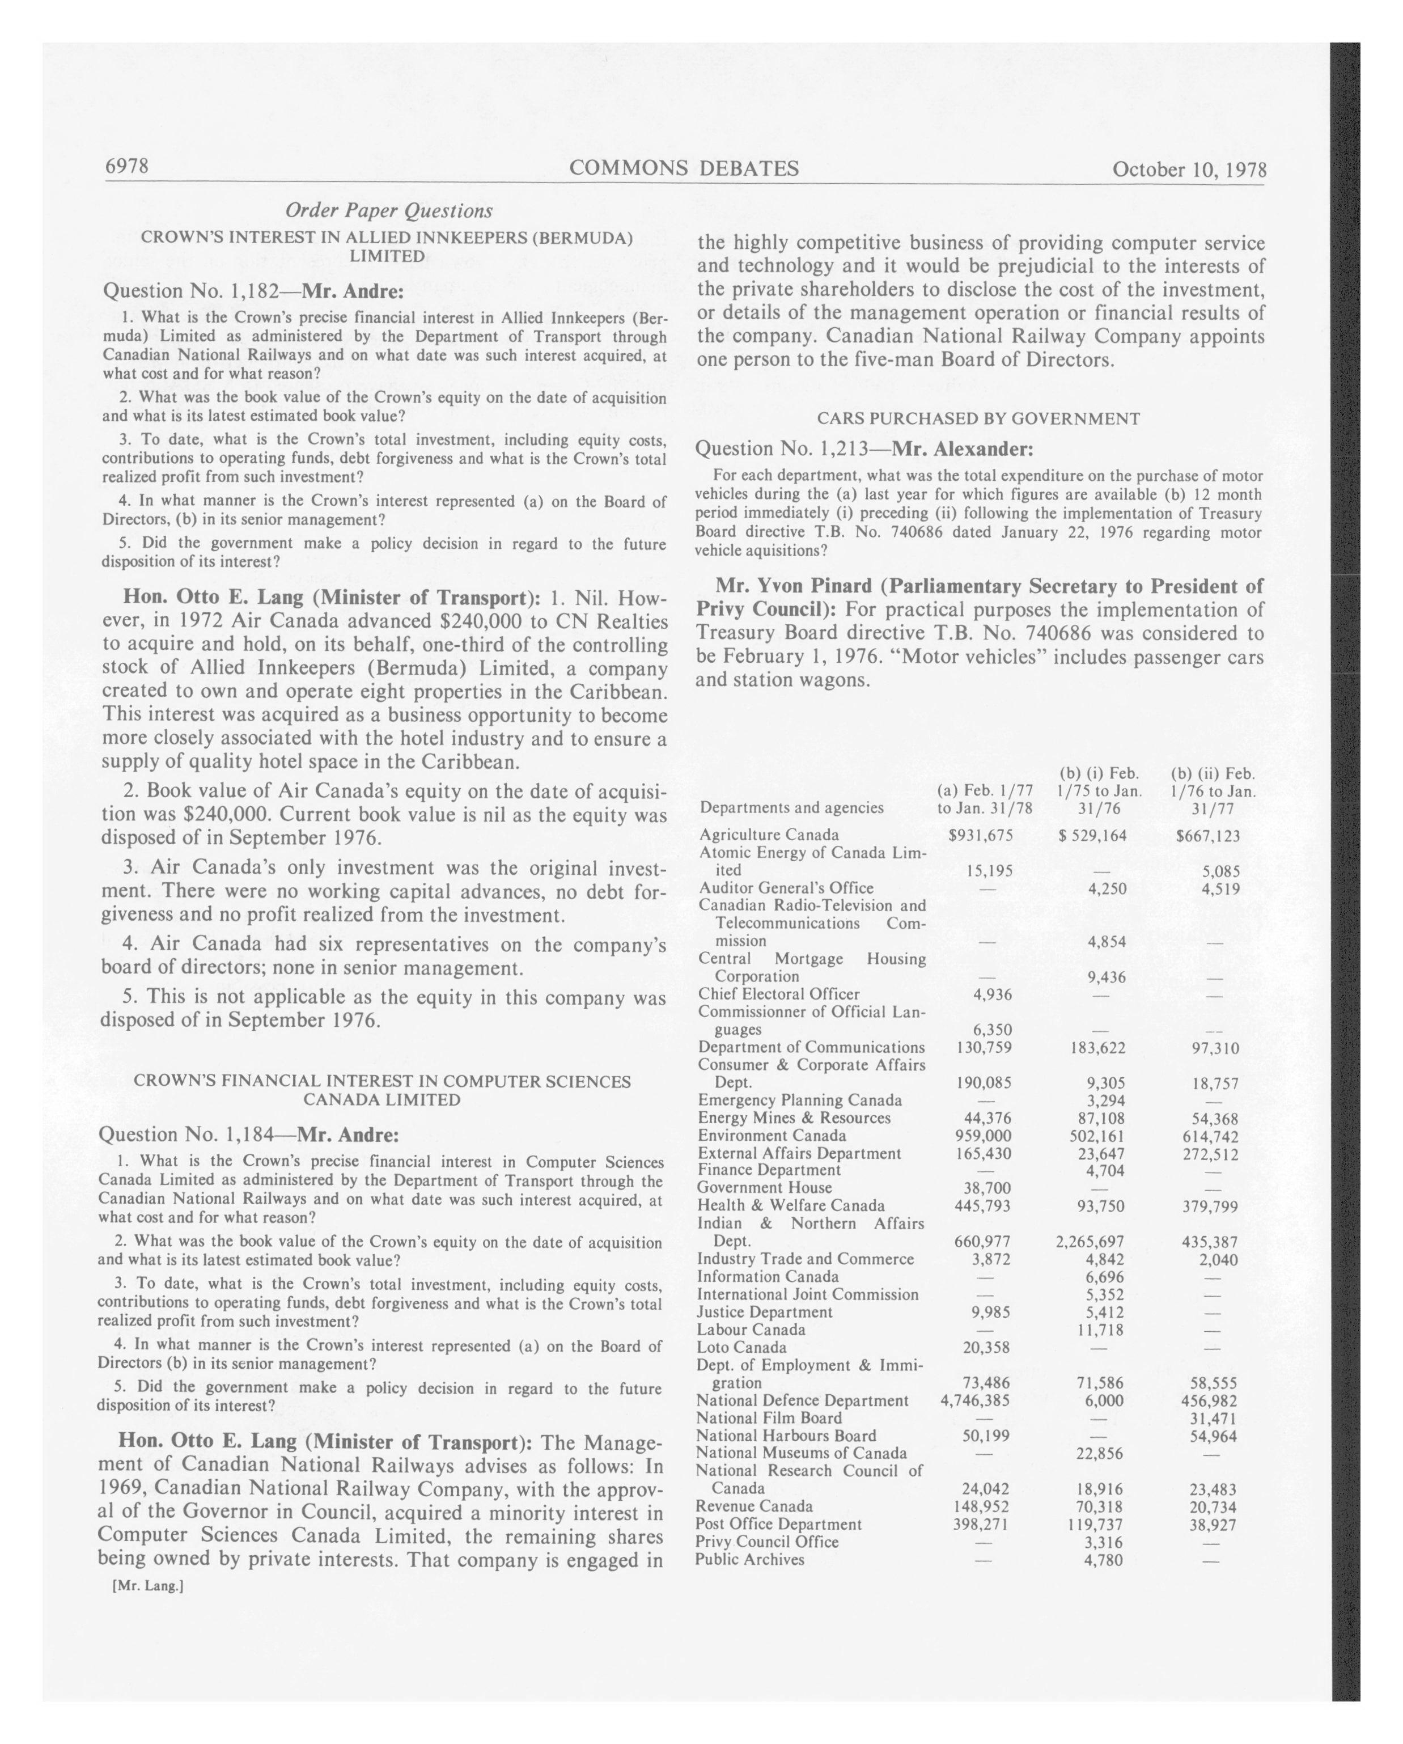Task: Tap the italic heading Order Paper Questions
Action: coord(388,210)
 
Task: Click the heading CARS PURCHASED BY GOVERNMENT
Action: coord(978,418)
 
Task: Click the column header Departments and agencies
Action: coord(792,807)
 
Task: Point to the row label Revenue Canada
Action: coord(754,1506)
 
